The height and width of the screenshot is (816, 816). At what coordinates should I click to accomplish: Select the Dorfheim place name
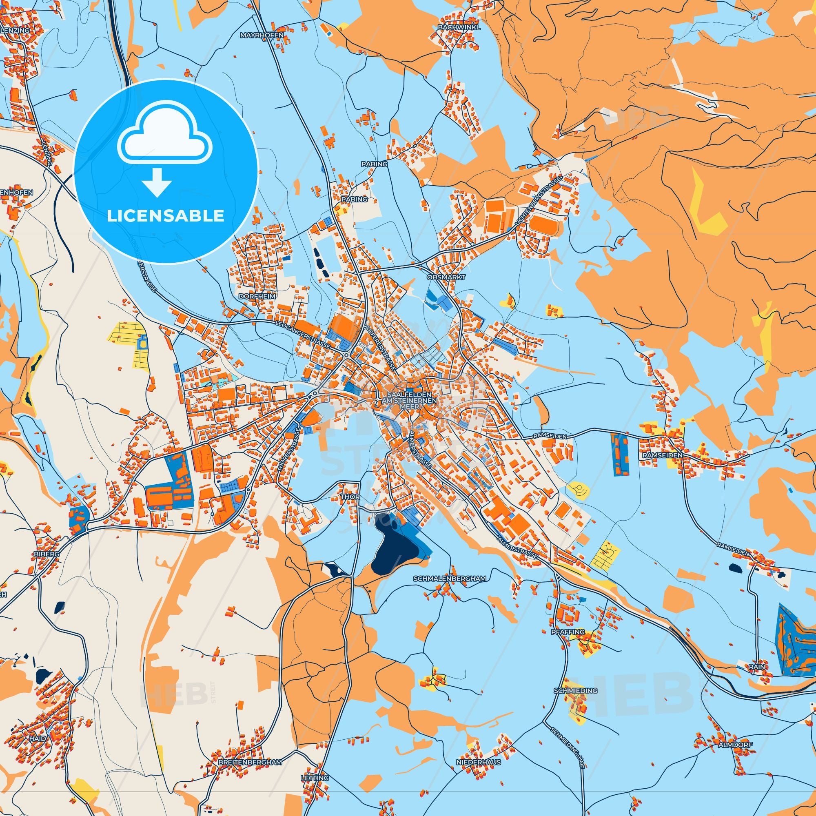[x=257, y=297]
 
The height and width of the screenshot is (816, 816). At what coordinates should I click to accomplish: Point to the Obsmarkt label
[x=446, y=277]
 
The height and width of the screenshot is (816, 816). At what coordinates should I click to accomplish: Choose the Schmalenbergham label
[x=450, y=578]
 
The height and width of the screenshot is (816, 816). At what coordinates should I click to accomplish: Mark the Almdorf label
[x=735, y=745]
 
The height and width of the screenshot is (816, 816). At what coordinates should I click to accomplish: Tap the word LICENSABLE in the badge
[x=165, y=216]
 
